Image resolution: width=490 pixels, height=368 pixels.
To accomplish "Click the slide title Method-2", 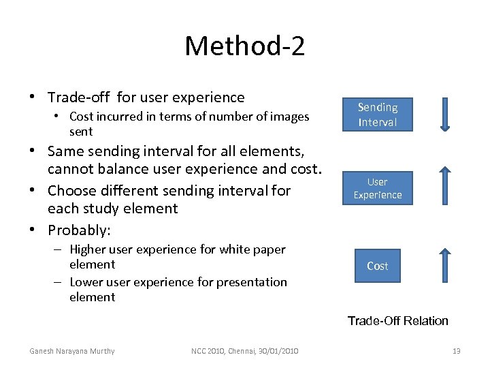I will coord(244,46).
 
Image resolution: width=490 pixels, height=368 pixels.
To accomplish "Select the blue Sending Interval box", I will coord(377,114).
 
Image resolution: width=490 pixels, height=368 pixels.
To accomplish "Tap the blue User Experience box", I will coord(377,188).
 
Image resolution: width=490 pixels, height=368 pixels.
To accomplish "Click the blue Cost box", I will coord(377,266).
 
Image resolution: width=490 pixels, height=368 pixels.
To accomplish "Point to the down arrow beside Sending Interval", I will coord(444,114).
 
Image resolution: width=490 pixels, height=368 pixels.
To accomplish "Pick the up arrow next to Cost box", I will coord(444,266).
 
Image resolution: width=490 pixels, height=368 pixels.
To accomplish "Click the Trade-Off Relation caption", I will coord(397,320).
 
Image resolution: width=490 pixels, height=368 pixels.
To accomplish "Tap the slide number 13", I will coord(456,351).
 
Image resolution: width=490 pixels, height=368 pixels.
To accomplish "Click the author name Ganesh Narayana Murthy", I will coord(71,351).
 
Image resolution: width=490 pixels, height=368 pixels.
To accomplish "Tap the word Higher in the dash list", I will coord(87,249).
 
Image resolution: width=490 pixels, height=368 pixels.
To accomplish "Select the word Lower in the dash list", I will coord(86,281).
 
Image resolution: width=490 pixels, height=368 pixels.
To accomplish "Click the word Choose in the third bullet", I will coord(73,190).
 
